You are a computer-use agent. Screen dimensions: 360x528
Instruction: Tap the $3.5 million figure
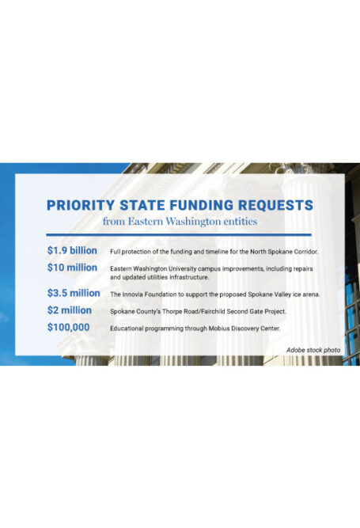73,293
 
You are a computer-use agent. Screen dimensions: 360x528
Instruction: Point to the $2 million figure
69,310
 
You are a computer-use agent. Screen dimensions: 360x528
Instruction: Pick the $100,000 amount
68,326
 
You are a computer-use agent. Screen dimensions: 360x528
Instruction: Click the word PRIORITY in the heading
80,205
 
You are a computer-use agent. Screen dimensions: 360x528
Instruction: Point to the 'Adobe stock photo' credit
313,349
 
